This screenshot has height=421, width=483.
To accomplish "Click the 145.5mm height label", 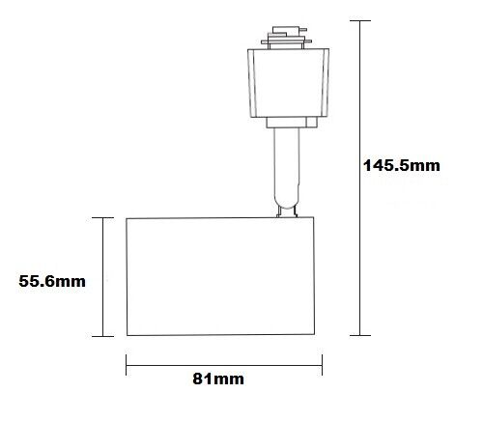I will click(401, 165).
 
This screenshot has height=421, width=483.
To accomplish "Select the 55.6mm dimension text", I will click(53, 281).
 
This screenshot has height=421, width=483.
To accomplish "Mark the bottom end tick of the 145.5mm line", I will click(360, 335).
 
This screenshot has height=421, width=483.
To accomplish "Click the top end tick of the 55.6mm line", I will click(102, 218).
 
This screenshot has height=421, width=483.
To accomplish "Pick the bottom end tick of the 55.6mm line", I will click(102, 335).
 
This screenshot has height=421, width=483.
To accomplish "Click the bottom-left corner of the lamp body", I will click(128, 334).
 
